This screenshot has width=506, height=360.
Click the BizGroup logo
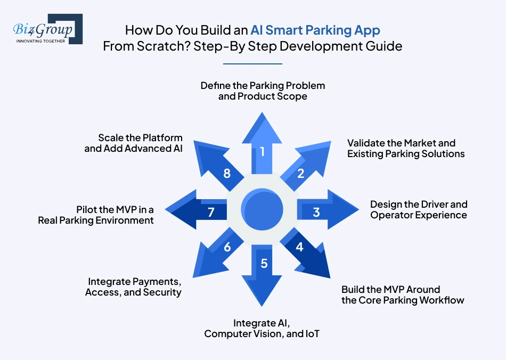tap(48, 29)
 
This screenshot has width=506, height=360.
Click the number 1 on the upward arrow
tap(263, 151)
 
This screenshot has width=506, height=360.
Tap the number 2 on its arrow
tap(300, 174)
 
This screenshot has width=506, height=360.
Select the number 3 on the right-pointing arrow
tap(316, 212)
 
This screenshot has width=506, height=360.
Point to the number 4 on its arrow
tap(299, 247)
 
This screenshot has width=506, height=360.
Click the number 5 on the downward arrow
tap(264, 264)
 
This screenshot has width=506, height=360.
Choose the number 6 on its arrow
tap(227, 247)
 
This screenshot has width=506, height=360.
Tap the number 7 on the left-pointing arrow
tap(211, 212)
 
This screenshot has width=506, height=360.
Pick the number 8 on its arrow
tap(227, 174)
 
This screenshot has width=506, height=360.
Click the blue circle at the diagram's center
tap(262, 209)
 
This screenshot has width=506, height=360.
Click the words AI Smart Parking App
tap(315, 30)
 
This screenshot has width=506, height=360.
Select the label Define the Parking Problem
tap(263, 86)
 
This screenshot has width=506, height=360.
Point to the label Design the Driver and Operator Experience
tap(419, 210)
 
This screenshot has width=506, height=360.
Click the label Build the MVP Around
tap(390, 289)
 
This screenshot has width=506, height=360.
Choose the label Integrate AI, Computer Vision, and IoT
tap(262, 329)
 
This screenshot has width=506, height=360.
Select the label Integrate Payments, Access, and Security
tap(133, 287)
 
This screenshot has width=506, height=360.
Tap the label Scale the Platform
tap(141, 138)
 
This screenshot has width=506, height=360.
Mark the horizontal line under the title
tap(252, 64)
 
